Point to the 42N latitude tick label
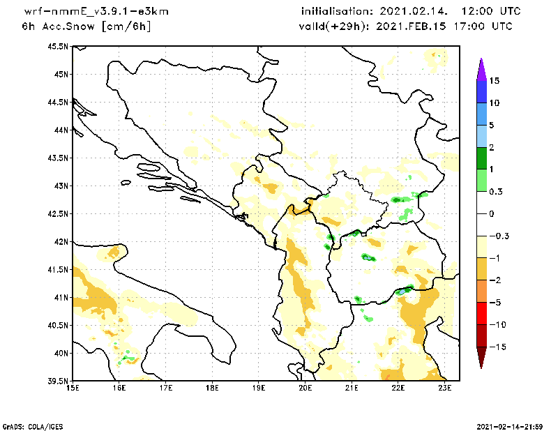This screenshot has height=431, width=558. point(61,241)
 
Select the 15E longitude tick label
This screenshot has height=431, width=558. point(73,388)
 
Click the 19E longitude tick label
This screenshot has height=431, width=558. point(259,388)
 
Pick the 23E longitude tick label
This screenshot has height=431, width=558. point(445,388)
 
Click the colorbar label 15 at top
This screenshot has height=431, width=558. point(494,81)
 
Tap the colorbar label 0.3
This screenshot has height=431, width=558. point(496,191)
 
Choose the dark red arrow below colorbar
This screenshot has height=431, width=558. point(481,358)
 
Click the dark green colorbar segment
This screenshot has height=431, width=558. point(481,158)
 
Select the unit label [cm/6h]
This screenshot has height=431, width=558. point(126,27)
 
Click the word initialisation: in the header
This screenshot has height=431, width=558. point(338,12)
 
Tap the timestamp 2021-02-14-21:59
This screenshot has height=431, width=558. point(509,425)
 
